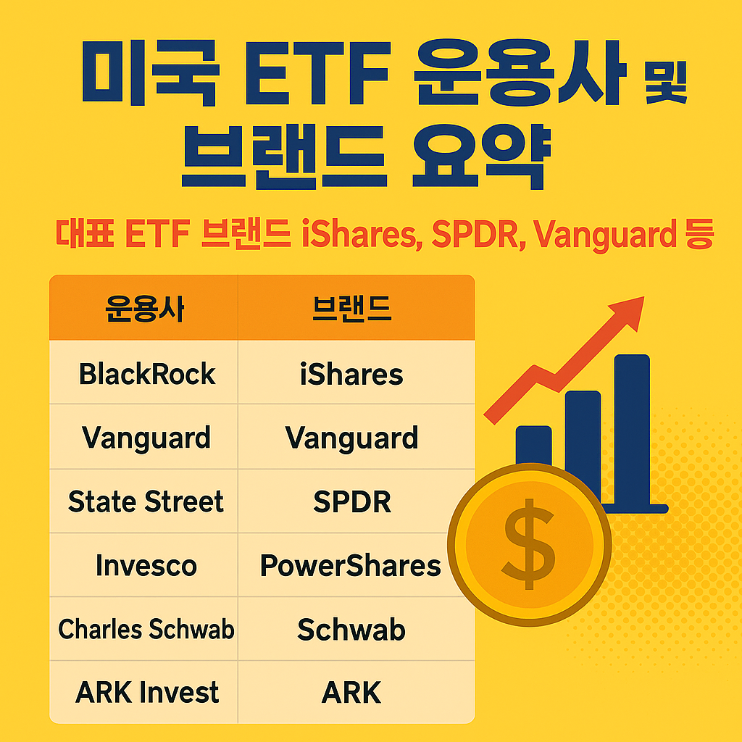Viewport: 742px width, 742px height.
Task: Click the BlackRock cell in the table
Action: [x=146, y=375]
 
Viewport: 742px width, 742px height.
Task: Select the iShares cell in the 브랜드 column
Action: [x=351, y=375]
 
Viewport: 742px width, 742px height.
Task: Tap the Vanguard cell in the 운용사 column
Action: [x=146, y=438]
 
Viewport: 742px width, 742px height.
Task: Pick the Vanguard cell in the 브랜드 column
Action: [x=351, y=438]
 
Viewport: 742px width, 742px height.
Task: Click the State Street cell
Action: [x=146, y=502]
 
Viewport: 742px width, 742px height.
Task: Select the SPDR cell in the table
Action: [x=351, y=502]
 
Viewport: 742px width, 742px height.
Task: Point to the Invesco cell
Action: [x=146, y=566]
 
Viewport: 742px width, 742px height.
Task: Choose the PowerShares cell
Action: [x=351, y=566]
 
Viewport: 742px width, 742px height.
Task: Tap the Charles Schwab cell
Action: [x=146, y=629]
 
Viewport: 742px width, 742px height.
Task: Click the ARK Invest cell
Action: [x=146, y=693]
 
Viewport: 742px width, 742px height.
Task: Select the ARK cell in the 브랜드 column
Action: [x=351, y=693]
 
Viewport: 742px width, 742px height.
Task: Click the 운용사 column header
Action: [x=145, y=309]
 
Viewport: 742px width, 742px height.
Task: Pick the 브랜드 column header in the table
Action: [x=351, y=309]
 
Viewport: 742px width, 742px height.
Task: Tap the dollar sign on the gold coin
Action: [x=530, y=543]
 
